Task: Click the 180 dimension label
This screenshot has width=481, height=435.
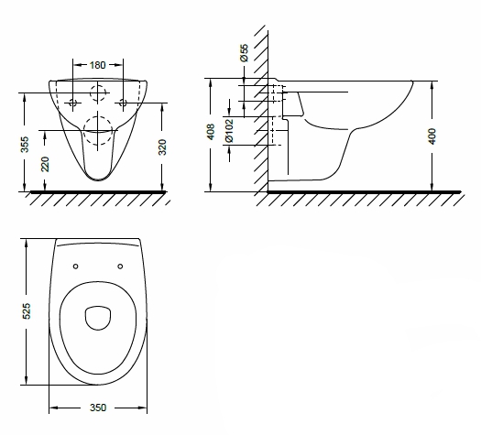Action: (x=97, y=65)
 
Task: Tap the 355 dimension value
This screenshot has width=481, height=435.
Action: (x=25, y=145)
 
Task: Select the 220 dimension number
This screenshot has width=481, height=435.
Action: (x=45, y=164)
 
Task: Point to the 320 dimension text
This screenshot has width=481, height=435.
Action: (x=162, y=147)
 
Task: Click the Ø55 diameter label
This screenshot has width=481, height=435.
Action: (x=245, y=53)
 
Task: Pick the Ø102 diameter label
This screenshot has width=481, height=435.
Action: (x=229, y=131)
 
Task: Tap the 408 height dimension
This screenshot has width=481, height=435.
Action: (x=211, y=132)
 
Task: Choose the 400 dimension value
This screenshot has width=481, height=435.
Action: (x=432, y=136)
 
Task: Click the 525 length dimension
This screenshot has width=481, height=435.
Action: (x=27, y=311)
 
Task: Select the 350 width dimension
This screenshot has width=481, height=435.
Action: (x=98, y=408)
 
